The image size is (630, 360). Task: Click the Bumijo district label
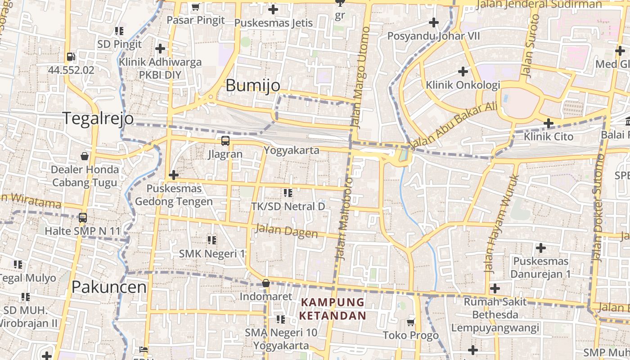[252, 85]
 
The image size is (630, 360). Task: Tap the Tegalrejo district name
[98, 118]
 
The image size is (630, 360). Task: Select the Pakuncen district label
[109, 287]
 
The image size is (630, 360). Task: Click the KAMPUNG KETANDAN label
[333, 309]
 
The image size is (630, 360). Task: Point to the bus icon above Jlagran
[225, 141]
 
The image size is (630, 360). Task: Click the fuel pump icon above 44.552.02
[71, 57]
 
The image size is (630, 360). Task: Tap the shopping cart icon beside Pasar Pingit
[195, 7]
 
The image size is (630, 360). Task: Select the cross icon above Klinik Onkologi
[463, 71]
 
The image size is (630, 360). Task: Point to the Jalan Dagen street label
[286, 231]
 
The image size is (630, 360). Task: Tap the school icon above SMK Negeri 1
[212, 240]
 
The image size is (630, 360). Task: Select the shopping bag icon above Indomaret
[266, 283]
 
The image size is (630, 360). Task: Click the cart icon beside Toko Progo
[410, 322]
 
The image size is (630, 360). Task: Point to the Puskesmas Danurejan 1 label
[540, 267]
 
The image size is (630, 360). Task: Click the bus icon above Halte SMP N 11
[83, 218]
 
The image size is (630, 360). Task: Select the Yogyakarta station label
[291, 150]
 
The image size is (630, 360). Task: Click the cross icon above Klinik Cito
[548, 123]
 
